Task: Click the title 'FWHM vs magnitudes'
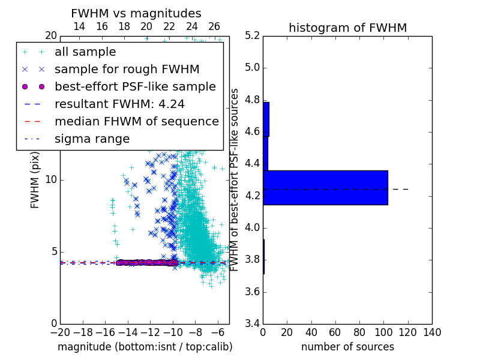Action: click(136, 13)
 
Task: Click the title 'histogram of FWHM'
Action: click(348, 28)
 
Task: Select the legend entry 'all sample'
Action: click(85, 52)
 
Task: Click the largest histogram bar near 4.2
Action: click(325, 188)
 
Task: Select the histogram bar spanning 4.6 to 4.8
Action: click(266, 119)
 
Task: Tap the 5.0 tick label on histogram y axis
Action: click(252, 68)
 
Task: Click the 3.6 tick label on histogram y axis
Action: click(252, 292)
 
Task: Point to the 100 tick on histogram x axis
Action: click(383, 332)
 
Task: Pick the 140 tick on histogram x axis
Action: click(432, 332)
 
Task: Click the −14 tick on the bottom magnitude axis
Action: click(128, 332)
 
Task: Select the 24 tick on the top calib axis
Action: click(191, 26)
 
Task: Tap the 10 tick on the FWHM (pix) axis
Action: click(51, 179)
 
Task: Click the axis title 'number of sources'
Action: click(348, 347)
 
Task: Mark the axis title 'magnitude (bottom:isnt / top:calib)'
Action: click(145, 347)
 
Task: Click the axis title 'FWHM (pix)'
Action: click(35, 181)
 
